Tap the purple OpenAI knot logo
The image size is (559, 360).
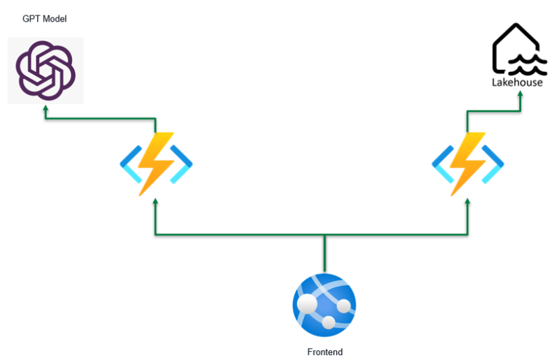(45, 71)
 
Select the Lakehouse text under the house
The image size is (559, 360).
(516, 82)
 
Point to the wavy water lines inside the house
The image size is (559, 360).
(524, 66)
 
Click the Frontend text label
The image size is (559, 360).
(325, 352)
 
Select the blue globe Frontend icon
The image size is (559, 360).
(324, 305)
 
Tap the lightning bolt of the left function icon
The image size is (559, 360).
(155, 163)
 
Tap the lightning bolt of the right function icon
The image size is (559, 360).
(467, 163)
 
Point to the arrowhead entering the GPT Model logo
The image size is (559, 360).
(46, 109)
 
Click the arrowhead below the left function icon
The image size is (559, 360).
(155, 201)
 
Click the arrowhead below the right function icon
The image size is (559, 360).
(467, 201)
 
